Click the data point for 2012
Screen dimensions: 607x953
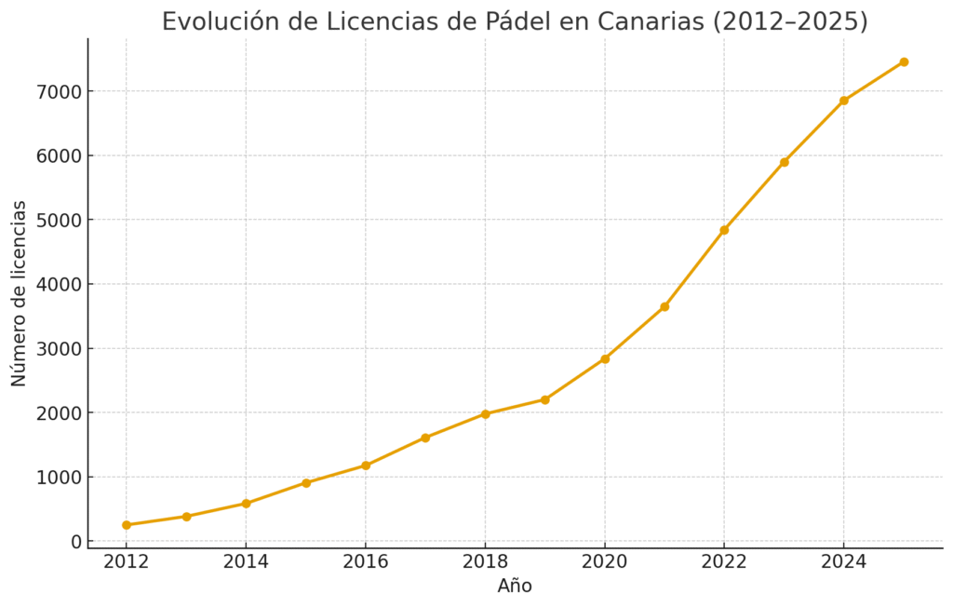pos(127,525)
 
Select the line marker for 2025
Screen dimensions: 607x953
pos(904,62)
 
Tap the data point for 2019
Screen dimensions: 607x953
pos(545,399)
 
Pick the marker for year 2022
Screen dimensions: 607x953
pos(724,230)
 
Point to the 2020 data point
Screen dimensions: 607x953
pos(605,358)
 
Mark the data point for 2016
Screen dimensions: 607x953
pos(366,465)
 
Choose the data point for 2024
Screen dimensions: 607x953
pos(844,101)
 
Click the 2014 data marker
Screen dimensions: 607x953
pos(246,504)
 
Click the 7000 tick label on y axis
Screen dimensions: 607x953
pos(58,92)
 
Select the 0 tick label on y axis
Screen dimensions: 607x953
pos(76,542)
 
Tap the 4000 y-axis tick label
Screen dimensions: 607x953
pos(58,285)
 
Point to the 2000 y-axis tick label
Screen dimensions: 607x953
pos(58,413)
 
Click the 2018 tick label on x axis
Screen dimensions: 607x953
pos(485,562)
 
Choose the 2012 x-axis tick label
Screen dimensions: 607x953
pos(127,562)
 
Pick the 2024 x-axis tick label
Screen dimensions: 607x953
pos(844,562)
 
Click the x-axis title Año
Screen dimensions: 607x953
pos(515,587)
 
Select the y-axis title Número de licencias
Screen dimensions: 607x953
pos(20,293)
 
